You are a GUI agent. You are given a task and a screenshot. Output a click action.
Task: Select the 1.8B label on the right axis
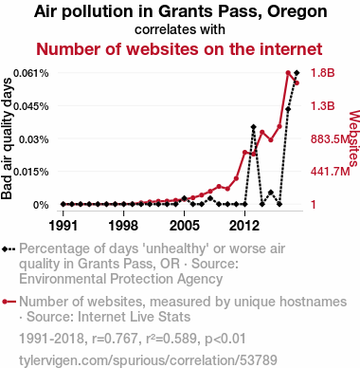point(322,73)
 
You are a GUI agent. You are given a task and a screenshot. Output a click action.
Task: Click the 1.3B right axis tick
point(322,106)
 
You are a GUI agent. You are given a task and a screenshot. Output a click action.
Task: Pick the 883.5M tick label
point(331,139)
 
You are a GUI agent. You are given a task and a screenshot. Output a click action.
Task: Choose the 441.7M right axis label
point(331,172)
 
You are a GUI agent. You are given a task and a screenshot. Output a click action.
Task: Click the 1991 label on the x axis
point(63,226)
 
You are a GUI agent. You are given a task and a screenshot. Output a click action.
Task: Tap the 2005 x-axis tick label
point(185,226)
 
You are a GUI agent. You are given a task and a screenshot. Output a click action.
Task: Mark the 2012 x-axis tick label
point(244,226)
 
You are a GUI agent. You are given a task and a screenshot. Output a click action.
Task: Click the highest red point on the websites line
point(288,73)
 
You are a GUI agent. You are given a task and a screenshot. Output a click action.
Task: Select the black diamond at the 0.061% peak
point(297,73)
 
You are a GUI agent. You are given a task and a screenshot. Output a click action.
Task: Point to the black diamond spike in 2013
point(253,127)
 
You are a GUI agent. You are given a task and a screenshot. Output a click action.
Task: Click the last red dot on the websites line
point(297,83)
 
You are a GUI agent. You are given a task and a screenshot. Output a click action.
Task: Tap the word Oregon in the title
point(297,12)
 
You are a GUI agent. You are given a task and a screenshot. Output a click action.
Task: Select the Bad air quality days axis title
point(7,138)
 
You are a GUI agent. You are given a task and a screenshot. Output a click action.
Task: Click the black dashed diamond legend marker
point(9,249)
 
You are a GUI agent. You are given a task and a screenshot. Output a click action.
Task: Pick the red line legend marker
point(9,302)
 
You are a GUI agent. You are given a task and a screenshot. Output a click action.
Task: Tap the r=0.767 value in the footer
point(116,339)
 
